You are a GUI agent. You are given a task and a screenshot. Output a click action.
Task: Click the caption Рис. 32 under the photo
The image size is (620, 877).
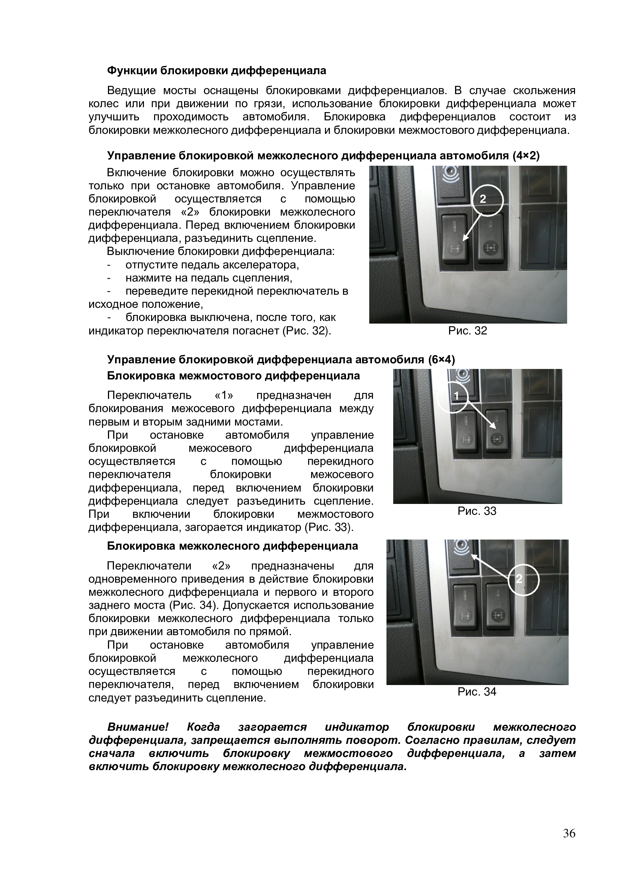coord(468,331)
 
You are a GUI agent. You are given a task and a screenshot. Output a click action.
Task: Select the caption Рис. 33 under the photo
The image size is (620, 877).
coord(477,511)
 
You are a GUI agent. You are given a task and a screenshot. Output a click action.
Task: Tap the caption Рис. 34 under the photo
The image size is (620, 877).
coord(477,692)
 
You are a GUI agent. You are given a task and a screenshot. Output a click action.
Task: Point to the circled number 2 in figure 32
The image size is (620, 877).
coord(483,199)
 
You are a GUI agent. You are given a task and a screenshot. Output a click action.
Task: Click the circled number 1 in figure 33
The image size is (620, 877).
coord(456,396)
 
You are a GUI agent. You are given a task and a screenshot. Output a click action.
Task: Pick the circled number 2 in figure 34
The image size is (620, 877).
coord(519,579)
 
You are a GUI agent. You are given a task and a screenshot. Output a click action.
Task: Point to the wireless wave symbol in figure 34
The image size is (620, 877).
coord(461,549)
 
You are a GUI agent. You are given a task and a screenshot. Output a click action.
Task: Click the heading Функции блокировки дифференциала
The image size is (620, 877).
coord(216,70)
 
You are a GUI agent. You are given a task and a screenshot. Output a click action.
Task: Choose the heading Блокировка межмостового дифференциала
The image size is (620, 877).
coord(233,376)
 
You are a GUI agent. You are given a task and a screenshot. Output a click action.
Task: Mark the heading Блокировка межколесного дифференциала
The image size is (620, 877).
coord(232,546)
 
